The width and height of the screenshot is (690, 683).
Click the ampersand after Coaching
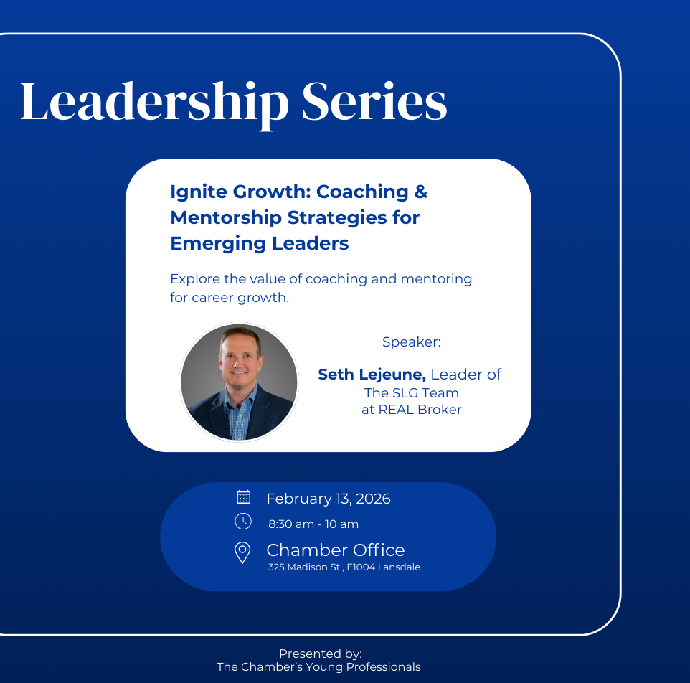[420, 192]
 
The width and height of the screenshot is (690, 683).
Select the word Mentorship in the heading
[226, 217]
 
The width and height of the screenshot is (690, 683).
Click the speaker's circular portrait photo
[239, 382]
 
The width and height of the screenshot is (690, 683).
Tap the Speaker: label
[411, 342]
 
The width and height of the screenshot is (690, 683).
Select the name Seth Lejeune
[372, 374]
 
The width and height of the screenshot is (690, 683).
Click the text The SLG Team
[411, 392]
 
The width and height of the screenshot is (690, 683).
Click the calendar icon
[243, 496]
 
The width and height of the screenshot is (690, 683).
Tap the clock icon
[243, 522]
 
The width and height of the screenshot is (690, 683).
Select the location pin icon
[242, 552]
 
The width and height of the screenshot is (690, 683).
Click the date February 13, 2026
[329, 499]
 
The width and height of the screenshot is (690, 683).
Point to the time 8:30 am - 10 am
[313, 524]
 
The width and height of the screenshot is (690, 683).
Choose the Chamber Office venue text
[335, 550]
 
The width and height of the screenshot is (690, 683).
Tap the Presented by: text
[320, 654]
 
